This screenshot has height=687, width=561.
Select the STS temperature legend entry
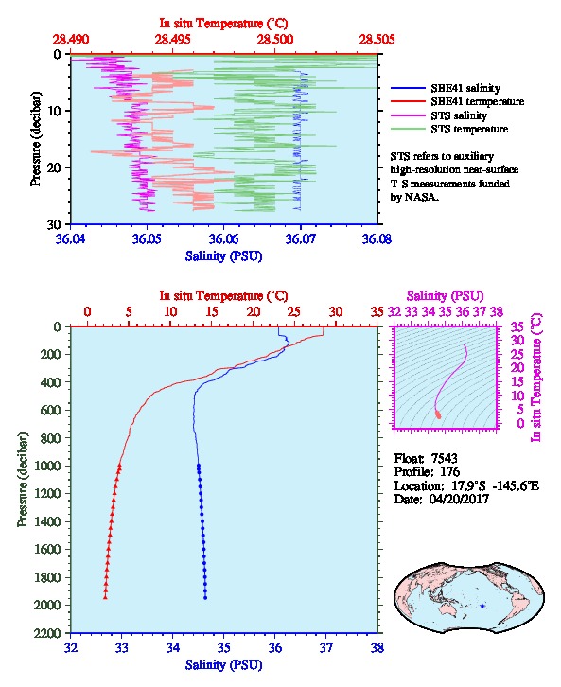pyautogui.click(x=449, y=129)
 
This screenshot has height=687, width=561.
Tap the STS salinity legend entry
pyautogui.click(x=439, y=115)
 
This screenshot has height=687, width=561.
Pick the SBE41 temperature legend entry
pyautogui.click(x=457, y=101)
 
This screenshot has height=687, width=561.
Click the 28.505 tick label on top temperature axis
pyautogui.click(x=377, y=40)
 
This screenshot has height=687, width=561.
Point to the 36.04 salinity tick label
pyautogui.click(x=70, y=239)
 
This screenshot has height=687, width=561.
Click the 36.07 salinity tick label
pyautogui.click(x=301, y=239)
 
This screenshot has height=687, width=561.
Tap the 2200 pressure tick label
pyautogui.click(x=47, y=633)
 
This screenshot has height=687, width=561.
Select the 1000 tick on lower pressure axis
pyautogui.click(x=47, y=466)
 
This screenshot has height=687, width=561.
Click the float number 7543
pyautogui.click(x=444, y=458)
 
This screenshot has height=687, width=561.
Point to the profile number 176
pyautogui.click(x=450, y=472)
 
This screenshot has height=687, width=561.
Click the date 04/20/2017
pyautogui.click(x=459, y=499)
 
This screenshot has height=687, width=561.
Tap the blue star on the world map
pyautogui.click(x=482, y=606)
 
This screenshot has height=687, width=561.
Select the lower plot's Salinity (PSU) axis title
pyautogui.click(x=224, y=665)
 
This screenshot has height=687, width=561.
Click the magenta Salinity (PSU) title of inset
pyautogui.click(x=445, y=296)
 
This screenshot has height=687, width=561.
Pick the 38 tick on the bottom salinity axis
pyautogui.click(x=377, y=647)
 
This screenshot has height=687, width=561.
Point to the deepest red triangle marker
pyautogui.click(x=105, y=597)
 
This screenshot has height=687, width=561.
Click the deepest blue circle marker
pyautogui.click(x=205, y=598)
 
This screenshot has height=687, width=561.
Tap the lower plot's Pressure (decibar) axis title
pyautogui.click(x=23, y=480)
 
